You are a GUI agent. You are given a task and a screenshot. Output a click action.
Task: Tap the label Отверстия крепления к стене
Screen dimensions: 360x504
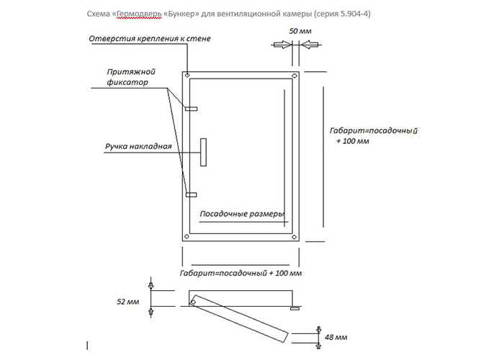(150, 38)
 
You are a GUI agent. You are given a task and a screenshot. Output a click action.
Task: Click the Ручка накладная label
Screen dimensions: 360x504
(138, 147)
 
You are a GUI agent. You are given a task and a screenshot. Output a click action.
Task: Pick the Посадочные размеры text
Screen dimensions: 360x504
(241, 214)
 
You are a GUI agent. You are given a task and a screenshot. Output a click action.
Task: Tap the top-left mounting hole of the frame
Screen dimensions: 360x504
(187, 76)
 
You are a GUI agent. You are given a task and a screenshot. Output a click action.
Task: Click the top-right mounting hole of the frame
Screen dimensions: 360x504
(293, 76)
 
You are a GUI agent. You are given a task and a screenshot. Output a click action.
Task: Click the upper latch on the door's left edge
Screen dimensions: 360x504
(191, 109)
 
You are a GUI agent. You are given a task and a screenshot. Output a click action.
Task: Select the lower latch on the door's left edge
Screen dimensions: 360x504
(191, 194)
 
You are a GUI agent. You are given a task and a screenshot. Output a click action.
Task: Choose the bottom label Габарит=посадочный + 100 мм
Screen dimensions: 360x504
(240, 274)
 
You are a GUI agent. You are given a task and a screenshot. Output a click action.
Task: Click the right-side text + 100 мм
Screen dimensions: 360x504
(352, 142)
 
